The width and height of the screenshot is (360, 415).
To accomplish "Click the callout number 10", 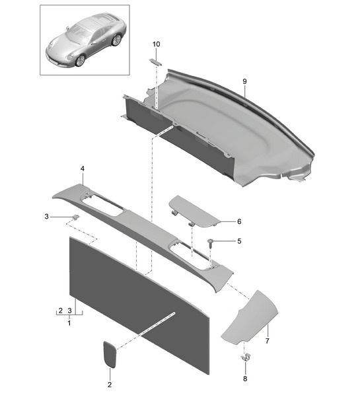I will coord(156,44).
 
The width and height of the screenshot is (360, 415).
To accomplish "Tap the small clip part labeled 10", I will coord(156,61).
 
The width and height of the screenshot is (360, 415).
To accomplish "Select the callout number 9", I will coord(244,81).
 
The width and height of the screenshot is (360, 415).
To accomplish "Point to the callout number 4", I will coord(82,169).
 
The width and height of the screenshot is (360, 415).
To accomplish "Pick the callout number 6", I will coord(239,222).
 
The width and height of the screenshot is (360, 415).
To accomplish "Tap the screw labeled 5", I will coord(211,243).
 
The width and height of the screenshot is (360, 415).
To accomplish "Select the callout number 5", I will coord(238,241).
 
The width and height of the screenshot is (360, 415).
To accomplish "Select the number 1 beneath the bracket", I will coord(69,322).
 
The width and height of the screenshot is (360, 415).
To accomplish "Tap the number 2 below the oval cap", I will coord(110,384).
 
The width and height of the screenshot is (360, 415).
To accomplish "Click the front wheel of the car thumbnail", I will coord(81,60).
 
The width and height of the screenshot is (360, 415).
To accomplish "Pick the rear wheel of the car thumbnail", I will coord(116,40).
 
